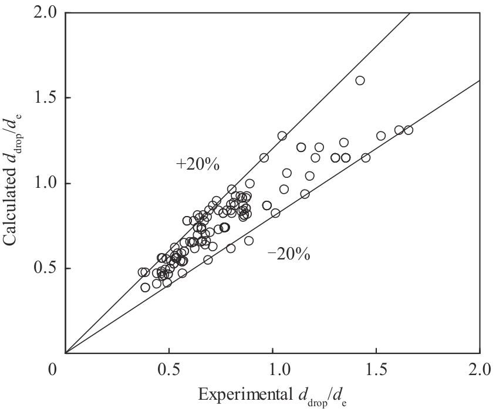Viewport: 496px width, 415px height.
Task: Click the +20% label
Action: (x=197, y=165)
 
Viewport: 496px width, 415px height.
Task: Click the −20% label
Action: (x=289, y=254)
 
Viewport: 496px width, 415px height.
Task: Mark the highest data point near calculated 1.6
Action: (x=360, y=80)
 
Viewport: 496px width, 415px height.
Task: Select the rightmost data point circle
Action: (x=409, y=130)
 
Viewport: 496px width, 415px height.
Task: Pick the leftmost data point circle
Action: (x=142, y=272)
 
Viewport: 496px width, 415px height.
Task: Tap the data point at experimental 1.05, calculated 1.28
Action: (x=282, y=136)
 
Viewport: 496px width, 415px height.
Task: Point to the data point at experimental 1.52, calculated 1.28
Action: (x=381, y=136)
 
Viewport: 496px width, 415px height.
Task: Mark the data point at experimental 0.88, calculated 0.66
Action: (x=249, y=241)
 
